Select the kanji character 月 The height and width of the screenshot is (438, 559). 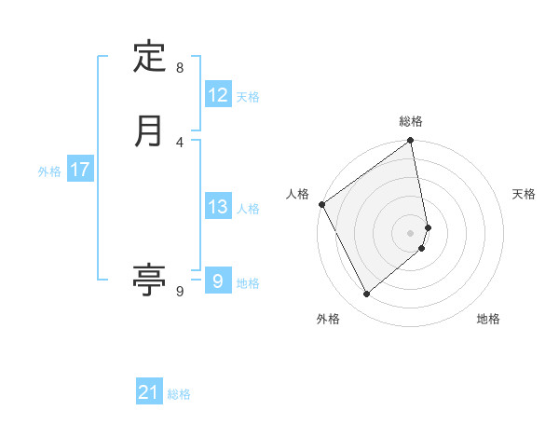149,130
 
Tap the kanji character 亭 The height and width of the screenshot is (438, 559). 149,279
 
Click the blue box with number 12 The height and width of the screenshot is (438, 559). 218,95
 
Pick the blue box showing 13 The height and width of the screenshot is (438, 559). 218,207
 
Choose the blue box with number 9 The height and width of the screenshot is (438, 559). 217,281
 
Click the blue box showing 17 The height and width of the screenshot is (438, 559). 80,170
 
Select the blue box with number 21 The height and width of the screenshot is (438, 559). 149,392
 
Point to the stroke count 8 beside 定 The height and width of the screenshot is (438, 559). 180,68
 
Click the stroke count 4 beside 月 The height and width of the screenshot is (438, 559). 180,143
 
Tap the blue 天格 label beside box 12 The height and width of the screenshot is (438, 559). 248,97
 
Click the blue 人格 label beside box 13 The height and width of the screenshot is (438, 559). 249,209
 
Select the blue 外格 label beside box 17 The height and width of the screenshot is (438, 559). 49,171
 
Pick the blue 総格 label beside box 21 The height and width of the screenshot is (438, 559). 179,394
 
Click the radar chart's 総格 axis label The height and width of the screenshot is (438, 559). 411,121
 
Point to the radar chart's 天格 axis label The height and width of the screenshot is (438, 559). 525,194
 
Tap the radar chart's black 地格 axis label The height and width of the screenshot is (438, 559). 488,320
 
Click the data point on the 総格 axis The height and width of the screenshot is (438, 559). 411,142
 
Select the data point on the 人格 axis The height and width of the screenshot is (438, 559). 322,204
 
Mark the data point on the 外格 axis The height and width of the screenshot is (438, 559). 367,294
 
